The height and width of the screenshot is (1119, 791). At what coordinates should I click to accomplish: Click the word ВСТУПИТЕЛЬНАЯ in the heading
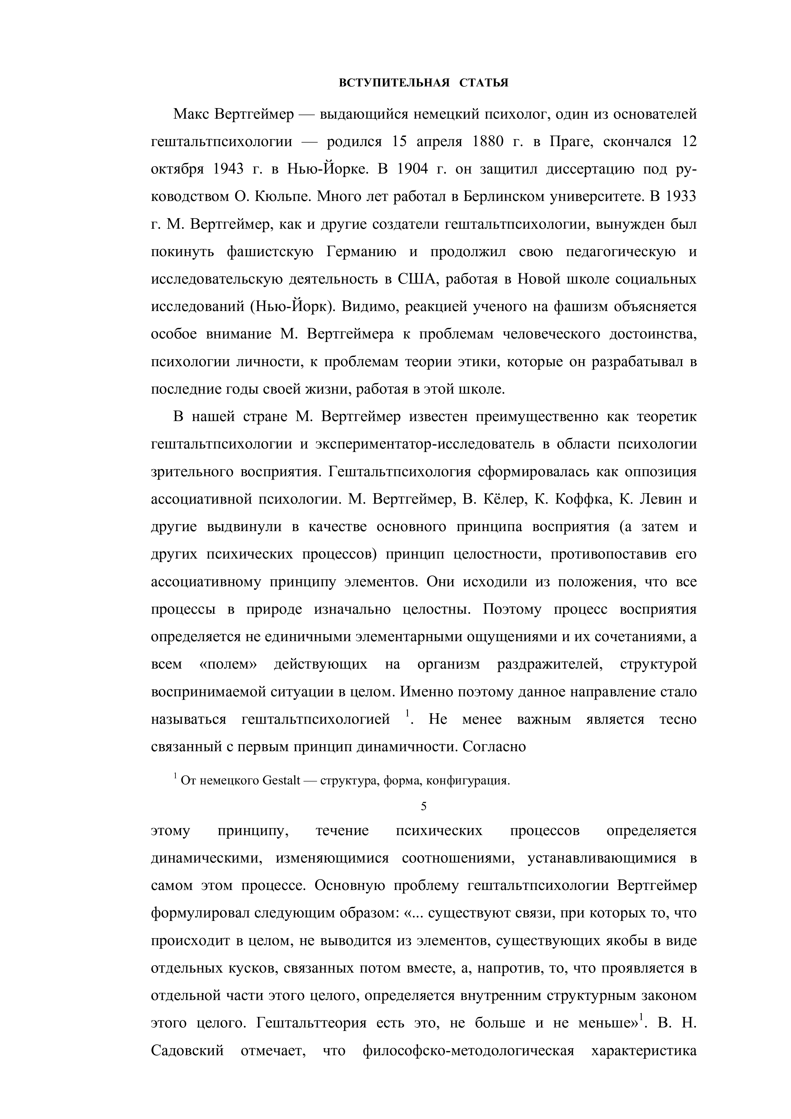pos(394,83)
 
